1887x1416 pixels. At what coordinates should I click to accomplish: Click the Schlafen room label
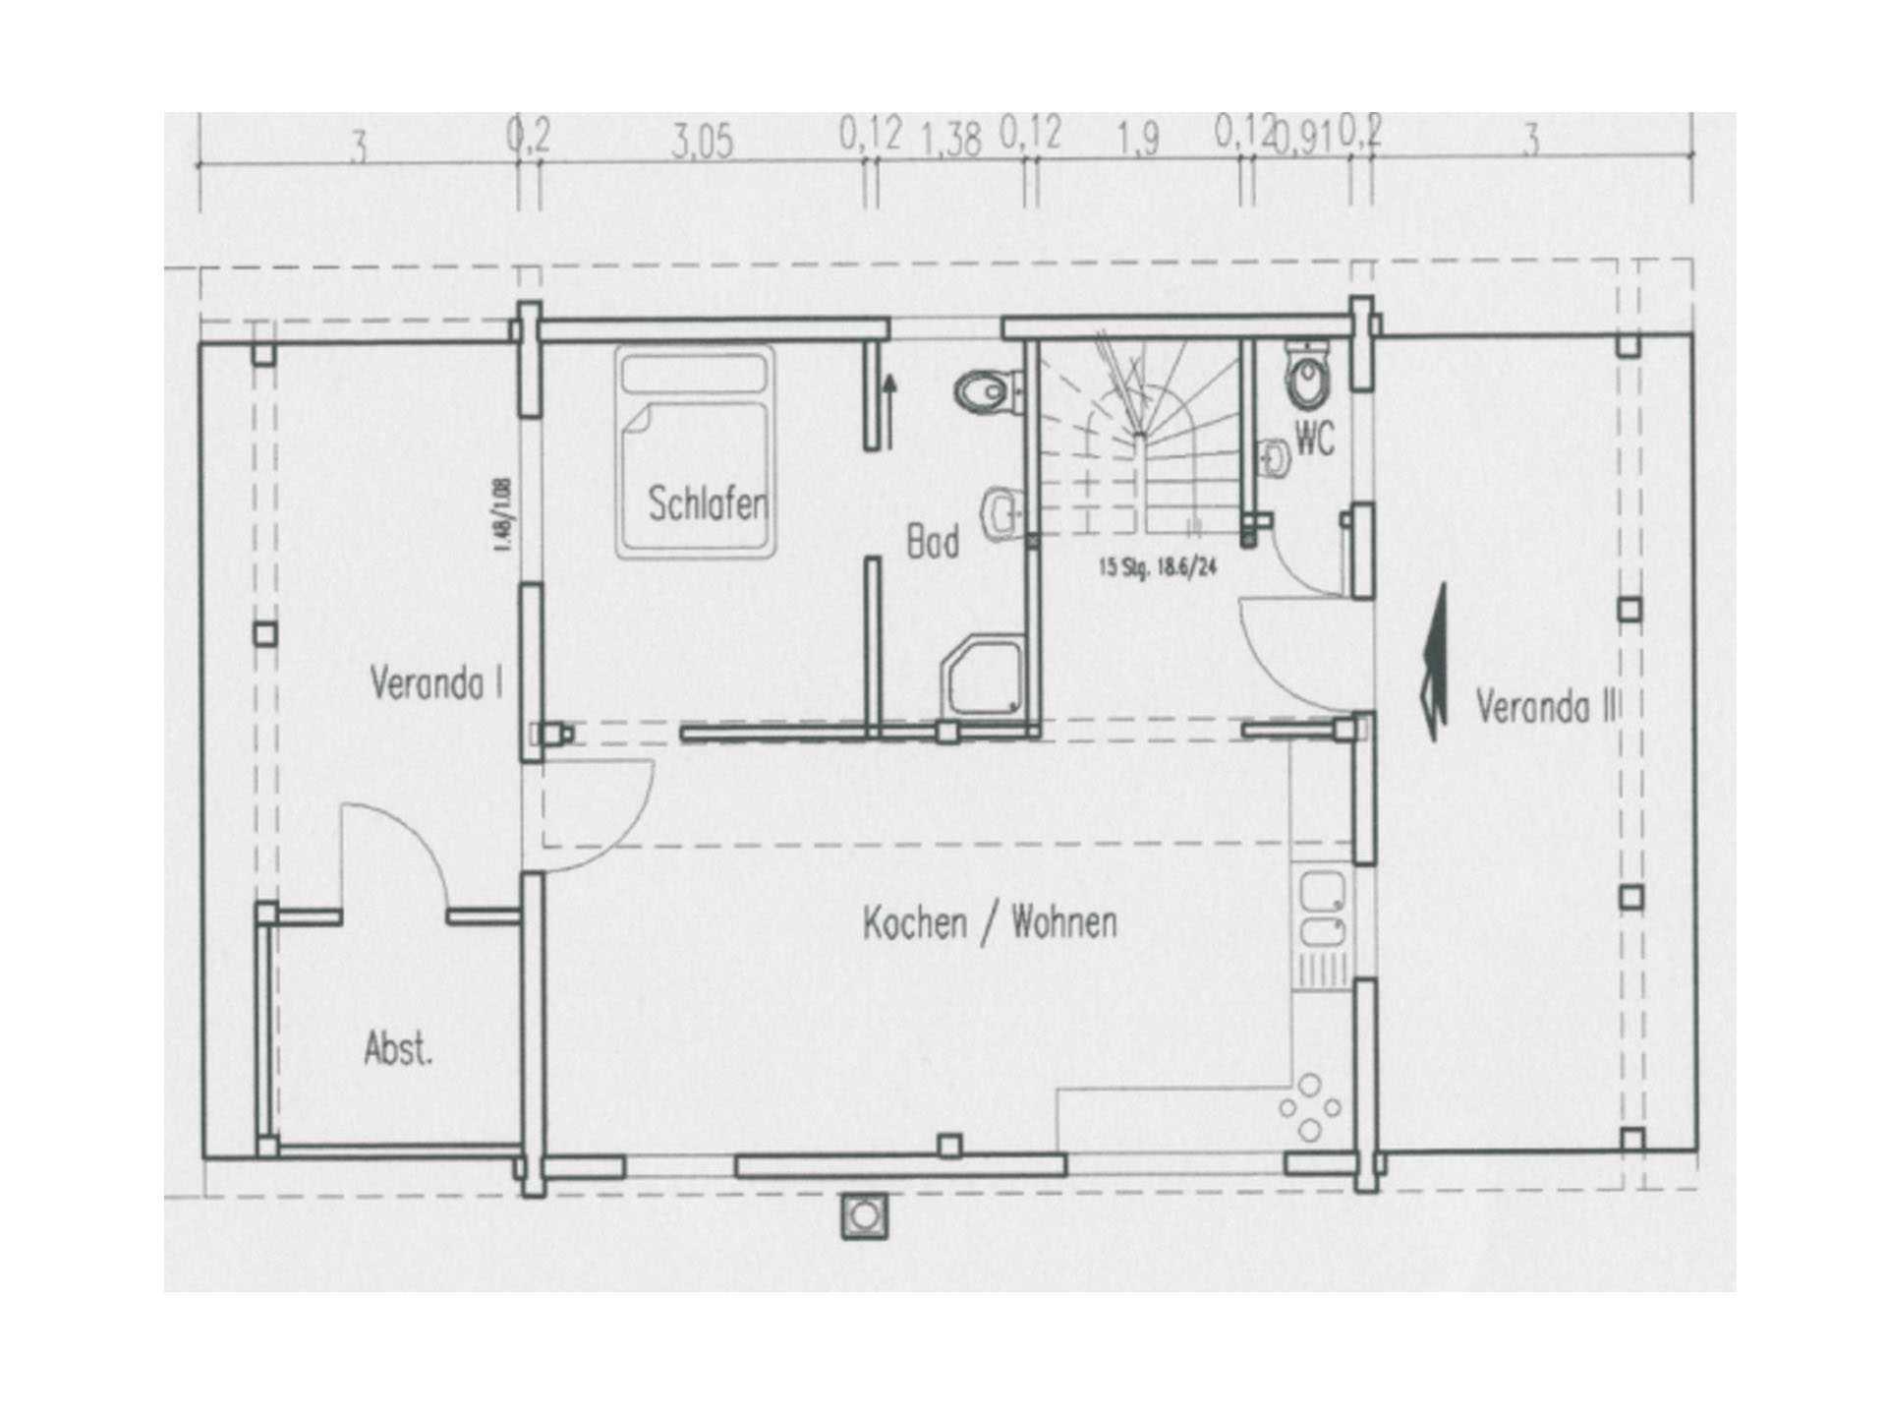707,504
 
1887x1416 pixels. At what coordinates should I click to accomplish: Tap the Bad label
932,542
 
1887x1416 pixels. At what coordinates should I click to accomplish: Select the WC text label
1314,440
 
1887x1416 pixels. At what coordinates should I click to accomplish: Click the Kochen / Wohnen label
990,923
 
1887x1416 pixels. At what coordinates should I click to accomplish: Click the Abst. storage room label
398,1049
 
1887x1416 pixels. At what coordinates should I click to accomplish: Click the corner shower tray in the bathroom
983,675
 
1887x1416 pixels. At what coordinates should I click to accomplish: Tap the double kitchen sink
1320,911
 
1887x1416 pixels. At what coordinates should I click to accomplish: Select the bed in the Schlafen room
696,449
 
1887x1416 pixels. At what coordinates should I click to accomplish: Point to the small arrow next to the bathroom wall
890,411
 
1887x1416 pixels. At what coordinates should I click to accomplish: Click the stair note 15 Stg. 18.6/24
1158,567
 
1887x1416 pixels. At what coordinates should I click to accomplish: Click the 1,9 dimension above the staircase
1138,140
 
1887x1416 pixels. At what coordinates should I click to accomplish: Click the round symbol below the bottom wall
864,1216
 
